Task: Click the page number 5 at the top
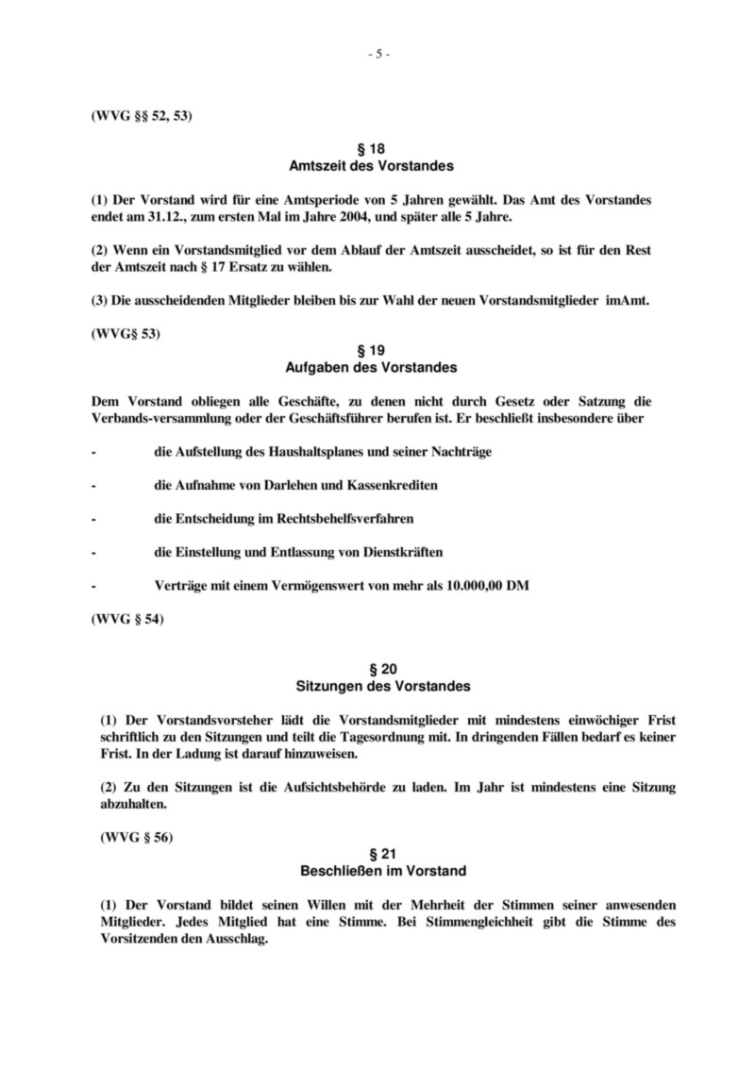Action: pos(377,54)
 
